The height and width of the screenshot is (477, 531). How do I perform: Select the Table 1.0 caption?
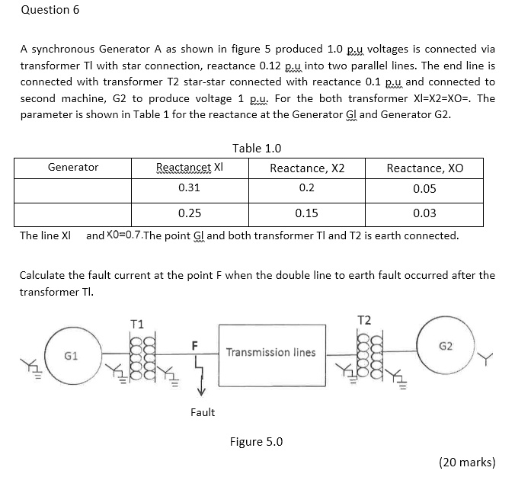[x=257, y=148]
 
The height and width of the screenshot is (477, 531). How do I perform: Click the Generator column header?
[x=72, y=167]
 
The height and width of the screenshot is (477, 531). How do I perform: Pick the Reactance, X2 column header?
[x=307, y=168]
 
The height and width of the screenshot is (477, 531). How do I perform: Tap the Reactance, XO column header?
[x=424, y=168]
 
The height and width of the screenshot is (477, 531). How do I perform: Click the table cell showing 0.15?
[x=307, y=213]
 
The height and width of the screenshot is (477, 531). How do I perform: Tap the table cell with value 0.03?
[x=424, y=213]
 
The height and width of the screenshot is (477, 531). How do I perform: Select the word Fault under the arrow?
[x=202, y=412]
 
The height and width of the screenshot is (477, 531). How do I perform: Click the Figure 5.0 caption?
[x=257, y=441]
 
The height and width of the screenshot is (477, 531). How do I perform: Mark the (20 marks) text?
[x=467, y=462]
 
